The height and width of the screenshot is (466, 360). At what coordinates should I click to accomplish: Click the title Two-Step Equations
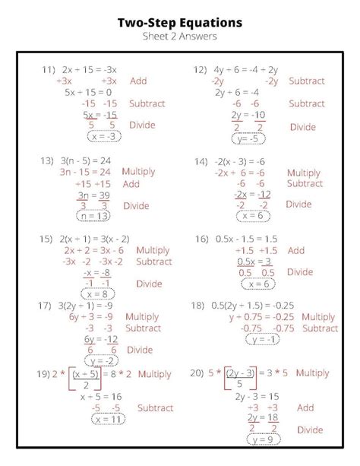[x=180, y=24]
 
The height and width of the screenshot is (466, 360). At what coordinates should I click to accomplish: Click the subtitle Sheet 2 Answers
[x=179, y=37]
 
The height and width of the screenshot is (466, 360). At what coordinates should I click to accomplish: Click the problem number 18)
[x=198, y=306]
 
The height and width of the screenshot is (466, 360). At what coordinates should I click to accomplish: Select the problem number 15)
[x=47, y=239]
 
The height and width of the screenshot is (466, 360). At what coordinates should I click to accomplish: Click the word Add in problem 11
[x=138, y=81]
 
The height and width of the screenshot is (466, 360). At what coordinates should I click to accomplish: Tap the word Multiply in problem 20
[x=312, y=373]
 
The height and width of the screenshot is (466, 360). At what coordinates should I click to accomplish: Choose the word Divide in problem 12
[x=304, y=126]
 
